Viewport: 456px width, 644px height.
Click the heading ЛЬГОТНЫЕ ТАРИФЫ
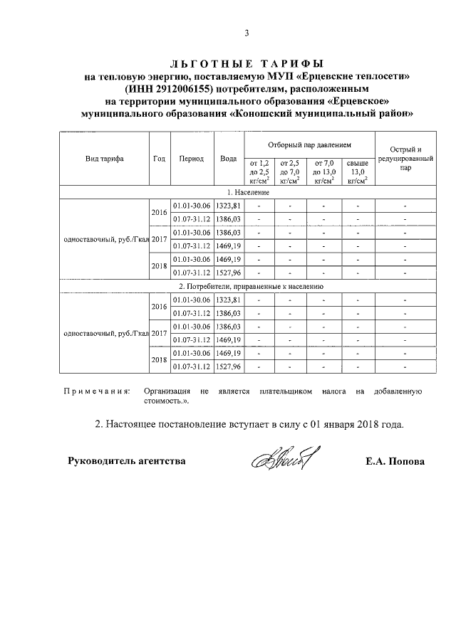[x=247, y=63]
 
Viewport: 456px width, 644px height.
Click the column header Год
[x=159, y=159]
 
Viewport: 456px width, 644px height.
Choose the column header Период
[x=192, y=159]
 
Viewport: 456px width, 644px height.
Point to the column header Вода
[x=229, y=159]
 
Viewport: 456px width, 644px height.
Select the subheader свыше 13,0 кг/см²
[x=357, y=172]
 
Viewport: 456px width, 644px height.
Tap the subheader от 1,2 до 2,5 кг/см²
[x=260, y=172]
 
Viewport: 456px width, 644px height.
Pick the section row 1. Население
[x=248, y=193]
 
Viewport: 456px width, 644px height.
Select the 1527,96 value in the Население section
[x=229, y=273]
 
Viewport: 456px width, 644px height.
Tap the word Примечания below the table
[x=96, y=391]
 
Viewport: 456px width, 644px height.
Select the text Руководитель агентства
[x=126, y=461]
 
